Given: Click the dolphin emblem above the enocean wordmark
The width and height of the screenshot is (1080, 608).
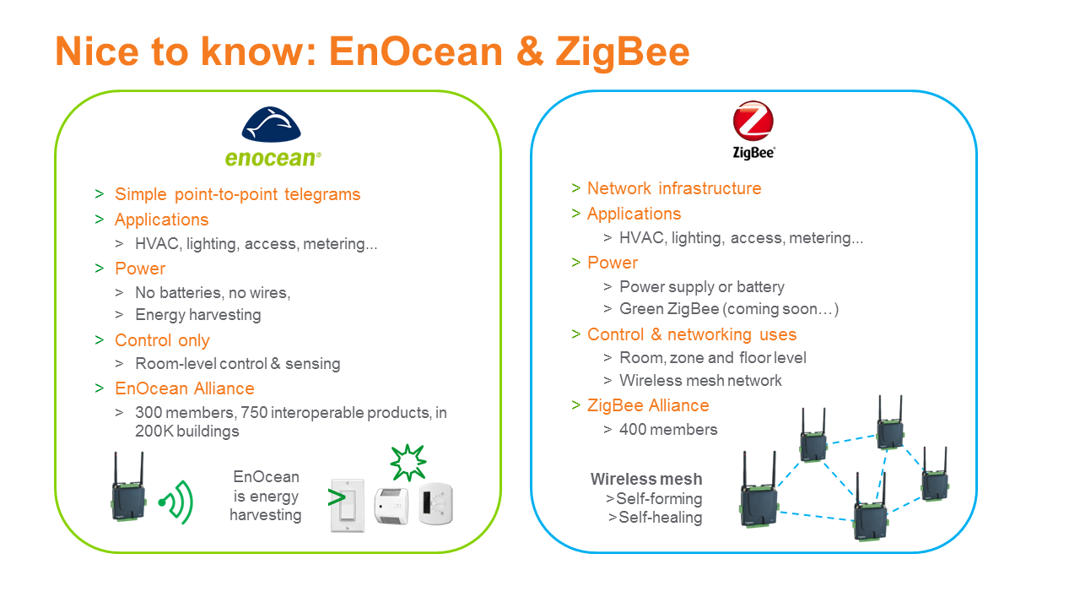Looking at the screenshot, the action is pyautogui.click(x=271, y=124).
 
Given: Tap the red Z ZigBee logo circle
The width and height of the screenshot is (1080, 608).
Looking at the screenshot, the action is pyautogui.click(x=753, y=120).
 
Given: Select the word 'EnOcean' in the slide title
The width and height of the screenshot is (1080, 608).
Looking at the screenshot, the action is pyautogui.click(x=416, y=52).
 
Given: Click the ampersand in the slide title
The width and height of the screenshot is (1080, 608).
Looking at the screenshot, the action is pyautogui.click(x=529, y=52).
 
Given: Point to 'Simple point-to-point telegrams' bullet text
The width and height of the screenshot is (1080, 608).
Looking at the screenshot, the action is pyautogui.click(x=237, y=194).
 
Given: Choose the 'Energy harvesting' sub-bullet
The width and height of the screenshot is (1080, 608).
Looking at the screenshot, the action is pyautogui.click(x=197, y=315).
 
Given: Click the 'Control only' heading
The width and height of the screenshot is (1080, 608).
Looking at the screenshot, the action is pyautogui.click(x=162, y=340).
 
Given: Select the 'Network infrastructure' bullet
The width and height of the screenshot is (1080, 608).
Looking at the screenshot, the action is pyautogui.click(x=674, y=188).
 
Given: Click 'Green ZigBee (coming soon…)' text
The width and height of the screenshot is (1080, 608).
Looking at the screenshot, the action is pyautogui.click(x=729, y=309).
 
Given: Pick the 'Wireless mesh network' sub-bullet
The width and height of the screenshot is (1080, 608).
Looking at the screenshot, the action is pyautogui.click(x=700, y=380).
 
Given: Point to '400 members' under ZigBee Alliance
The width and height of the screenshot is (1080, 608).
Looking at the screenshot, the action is pyautogui.click(x=668, y=430).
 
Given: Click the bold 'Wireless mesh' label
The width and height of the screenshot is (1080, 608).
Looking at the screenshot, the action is pyautogui.click(x=646, y=479).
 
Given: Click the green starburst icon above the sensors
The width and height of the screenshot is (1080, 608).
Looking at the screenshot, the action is pyautogui.click(x=408, y=462).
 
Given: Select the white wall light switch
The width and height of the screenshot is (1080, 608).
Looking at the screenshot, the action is pyautogui.click(x=347, y=506).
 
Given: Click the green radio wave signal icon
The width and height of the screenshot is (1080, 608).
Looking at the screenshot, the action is pyautogui.click(x=176, y=502).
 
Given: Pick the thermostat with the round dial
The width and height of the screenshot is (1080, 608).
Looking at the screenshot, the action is pyautogui.click(x=436, y=503).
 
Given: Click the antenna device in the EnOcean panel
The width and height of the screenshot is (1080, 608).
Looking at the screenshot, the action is pyautogui.click(x=128, y=486).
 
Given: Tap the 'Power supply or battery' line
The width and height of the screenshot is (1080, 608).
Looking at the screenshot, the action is pyautogui.click(x=701, y=286).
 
